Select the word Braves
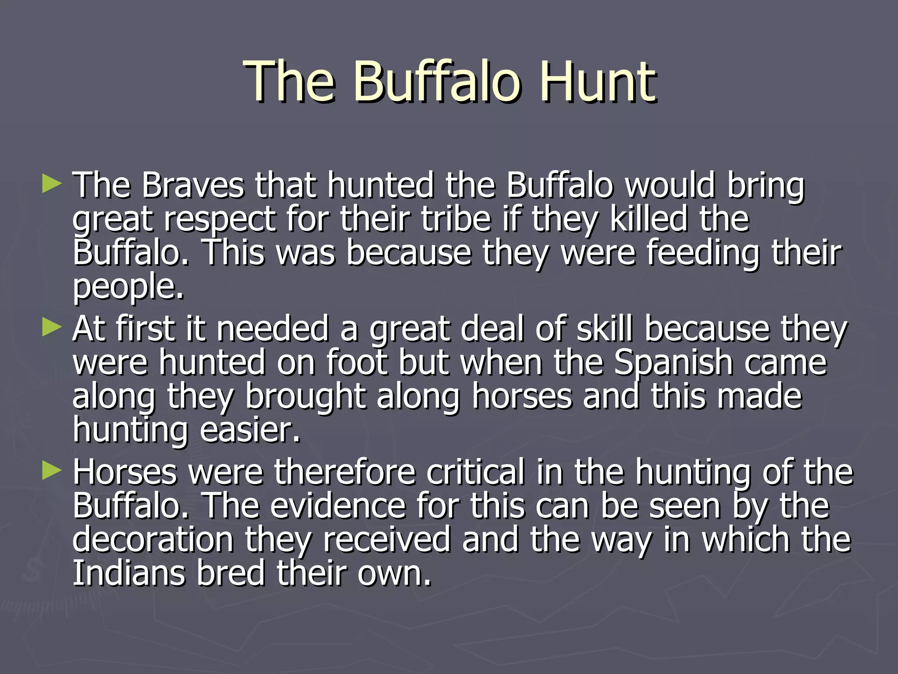click(192, 185)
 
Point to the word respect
click(220, 219)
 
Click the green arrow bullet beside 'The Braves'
click(51, 184)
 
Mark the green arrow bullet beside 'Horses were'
click(51, 471)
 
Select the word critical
click(476, 472)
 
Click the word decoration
click(153, 540)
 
